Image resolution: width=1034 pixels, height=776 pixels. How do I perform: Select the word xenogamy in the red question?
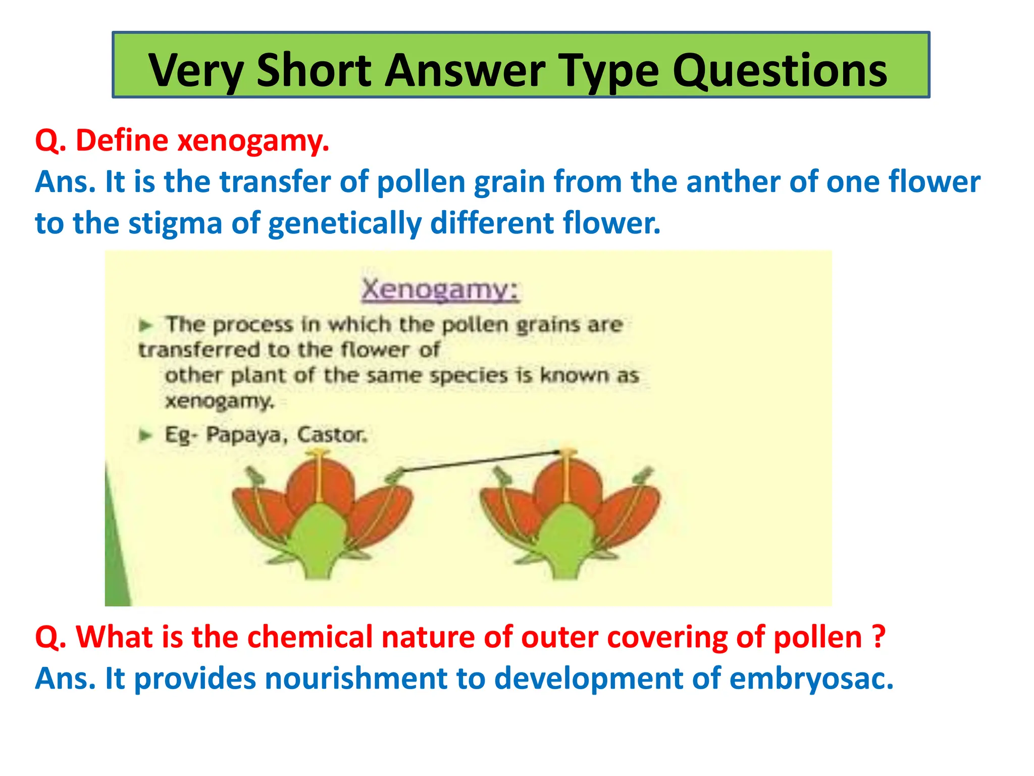pos(252,140)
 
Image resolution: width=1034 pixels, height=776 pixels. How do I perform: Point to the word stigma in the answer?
pos(175,223)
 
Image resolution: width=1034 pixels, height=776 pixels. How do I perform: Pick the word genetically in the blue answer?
pos(344,223)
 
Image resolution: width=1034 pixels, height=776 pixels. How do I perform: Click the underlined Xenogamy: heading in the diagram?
pos(440,289)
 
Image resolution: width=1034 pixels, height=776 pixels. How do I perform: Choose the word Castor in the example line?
pos(331,434)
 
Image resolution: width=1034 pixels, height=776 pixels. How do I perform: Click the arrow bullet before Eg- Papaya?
pos(145,435)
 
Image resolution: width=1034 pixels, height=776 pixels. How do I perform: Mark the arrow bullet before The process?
pos(145,325)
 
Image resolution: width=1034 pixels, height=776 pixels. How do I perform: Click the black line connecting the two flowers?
pos(480,461)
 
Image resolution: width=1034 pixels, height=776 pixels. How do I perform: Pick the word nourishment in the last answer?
pos(356,678)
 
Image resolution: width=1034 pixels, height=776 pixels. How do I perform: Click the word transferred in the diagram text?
pos(199,350)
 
